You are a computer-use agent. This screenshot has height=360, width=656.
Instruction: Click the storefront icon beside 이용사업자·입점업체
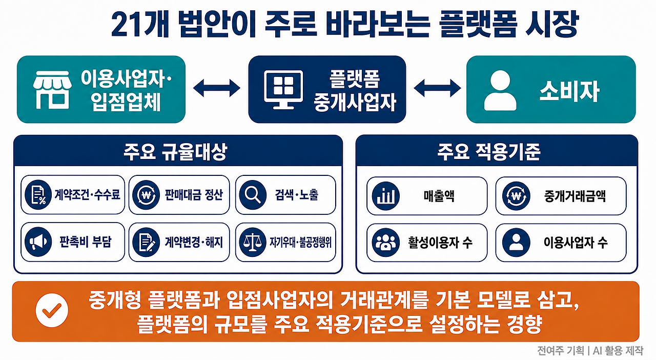[52, 90]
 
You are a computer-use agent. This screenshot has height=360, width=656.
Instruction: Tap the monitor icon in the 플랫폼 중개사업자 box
[283, 89]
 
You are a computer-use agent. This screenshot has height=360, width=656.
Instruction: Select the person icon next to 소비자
[500, 90]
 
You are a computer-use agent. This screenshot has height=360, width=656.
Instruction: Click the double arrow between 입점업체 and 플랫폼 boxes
[217, 88]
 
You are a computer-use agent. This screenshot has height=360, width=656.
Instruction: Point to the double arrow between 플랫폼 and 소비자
[437, 88]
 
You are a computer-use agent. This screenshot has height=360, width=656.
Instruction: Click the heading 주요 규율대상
[175, 152]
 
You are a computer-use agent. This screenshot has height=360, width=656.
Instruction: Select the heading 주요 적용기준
[489, 152]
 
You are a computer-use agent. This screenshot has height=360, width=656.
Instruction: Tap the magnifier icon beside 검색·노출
[253, 195]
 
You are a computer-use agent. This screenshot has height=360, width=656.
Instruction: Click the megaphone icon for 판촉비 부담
[38, 242]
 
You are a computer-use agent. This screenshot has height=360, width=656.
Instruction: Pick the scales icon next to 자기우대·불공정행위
[253, 242]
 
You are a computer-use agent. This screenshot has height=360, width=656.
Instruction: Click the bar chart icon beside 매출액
[386, 196]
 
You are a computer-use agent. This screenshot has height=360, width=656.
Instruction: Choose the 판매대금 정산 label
[194, 195]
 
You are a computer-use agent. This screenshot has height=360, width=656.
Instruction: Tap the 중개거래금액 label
[575, 196]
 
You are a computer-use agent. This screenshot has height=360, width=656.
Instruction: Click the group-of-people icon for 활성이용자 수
[386, 243]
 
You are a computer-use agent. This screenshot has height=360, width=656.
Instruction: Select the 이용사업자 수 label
[576, 243]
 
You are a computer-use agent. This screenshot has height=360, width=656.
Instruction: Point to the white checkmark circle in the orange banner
[52, 310]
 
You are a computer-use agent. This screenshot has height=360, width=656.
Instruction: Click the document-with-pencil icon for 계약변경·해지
[146, 242]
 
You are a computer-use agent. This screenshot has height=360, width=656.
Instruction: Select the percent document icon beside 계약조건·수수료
[38, 195]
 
